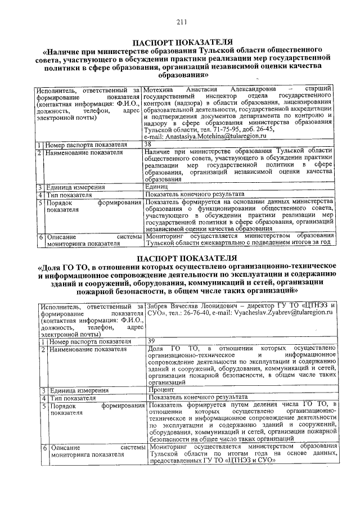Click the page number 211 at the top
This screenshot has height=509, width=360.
point(181,22)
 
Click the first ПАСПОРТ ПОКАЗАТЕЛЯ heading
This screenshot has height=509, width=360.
point(181,42)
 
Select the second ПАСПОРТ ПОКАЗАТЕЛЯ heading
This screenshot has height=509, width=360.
point(181,258)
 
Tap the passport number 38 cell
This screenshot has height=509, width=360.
point(148,144)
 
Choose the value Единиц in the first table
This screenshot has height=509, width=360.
point(156,187)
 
